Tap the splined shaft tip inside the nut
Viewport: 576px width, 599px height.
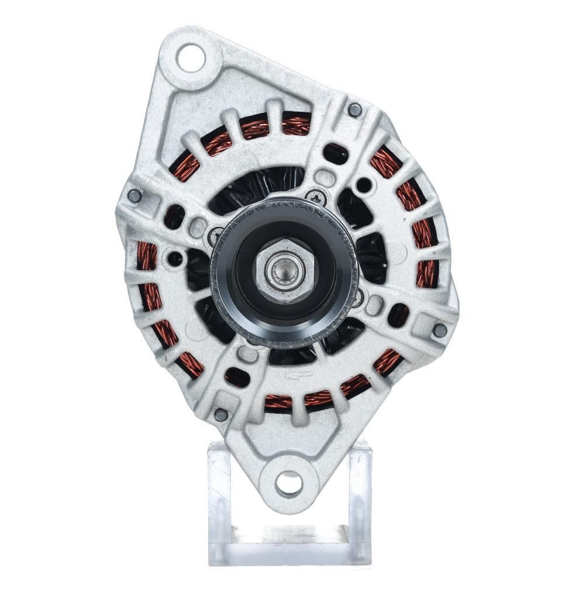(284, 270)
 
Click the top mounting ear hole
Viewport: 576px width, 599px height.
(191, 58)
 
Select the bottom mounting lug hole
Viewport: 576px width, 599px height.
(289, 483)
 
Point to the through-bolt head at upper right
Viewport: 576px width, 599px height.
(354, 109)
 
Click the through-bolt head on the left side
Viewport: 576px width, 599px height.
(134, 195)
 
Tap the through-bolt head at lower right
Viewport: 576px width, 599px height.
(440, 330)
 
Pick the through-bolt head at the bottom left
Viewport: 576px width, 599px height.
(220, 415)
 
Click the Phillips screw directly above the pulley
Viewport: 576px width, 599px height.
(316, 198)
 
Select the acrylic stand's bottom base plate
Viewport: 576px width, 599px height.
(289, 547)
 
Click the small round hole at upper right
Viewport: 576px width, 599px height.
(364, 185)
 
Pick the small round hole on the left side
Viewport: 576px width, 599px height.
(175, 257)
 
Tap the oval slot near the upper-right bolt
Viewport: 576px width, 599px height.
(336, 153)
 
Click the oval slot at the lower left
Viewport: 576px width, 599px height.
(237, 376)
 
